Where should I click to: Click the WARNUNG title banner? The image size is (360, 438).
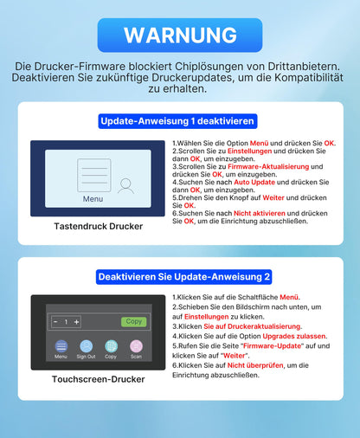179,35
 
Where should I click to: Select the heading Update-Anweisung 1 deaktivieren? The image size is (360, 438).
179,121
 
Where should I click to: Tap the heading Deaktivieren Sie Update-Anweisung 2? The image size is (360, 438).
183,276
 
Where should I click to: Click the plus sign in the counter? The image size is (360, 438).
76,322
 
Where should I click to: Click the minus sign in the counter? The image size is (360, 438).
55,322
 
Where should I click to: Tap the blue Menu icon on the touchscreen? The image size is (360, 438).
61,345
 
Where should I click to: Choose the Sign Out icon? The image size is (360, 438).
86,345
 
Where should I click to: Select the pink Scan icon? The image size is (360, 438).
136,345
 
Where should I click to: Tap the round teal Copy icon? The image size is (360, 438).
111,345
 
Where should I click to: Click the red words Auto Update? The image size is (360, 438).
230,182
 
